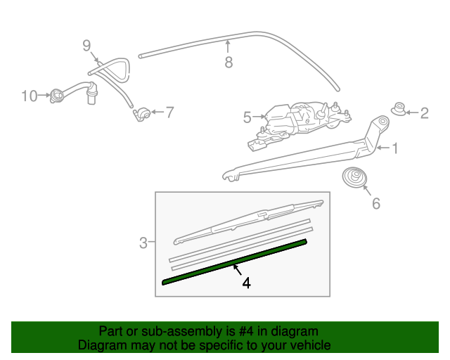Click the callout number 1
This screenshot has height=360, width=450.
click(x=394, y=148)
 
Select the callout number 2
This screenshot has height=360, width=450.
click(x=424, y=112)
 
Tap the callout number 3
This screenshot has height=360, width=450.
click(x=143, y=243)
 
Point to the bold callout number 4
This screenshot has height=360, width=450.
click(x=246, y=283)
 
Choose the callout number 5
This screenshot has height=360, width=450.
click(x=247, y=118)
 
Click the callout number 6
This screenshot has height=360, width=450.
click(x=375, y=204)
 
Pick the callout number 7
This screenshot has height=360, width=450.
click(x=169, y=112)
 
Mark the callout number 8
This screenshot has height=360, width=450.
click(x=229, y=63)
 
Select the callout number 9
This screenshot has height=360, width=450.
click(x=86, y=46)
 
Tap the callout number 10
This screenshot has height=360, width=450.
click(x=28, y=96)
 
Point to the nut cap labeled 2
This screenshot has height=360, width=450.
click(x=399, y=110)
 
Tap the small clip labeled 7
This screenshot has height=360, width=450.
click(x=143, y=112)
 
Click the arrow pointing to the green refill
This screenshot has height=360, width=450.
click(x=237, y=269)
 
